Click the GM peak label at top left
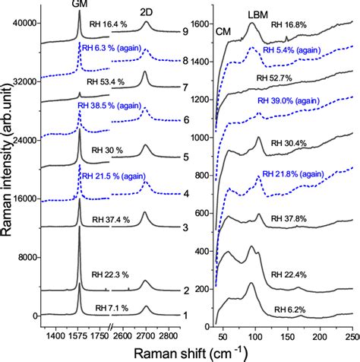click(79, 5)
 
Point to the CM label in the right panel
click(223, 31)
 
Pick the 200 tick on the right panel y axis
click(201, 290)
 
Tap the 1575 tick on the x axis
click(80, 334)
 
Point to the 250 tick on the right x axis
click(351, 334)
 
